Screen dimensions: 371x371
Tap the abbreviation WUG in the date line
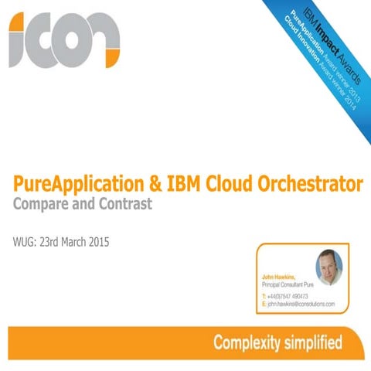point(24,242)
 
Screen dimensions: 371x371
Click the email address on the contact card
point(301,305)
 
